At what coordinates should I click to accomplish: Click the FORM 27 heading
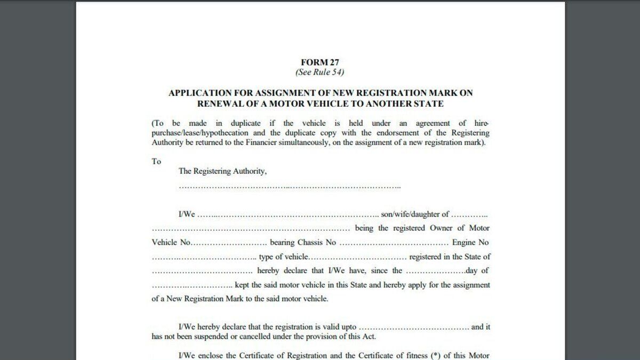(x=320, y=62)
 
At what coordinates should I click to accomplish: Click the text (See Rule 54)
(x=320, y=71)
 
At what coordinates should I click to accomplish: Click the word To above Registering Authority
(x=156, y=161)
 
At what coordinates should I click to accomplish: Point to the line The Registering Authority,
(x=222, y=171)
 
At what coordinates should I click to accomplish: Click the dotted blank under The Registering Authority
(x=290, y=186)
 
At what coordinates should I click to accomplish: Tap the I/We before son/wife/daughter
(x=187, y=214)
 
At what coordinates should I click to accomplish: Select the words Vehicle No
(x=171, y=243)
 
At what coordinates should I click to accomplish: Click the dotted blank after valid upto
(x=414, y=327)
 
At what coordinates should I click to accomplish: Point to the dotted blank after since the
(x=435, y=271)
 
